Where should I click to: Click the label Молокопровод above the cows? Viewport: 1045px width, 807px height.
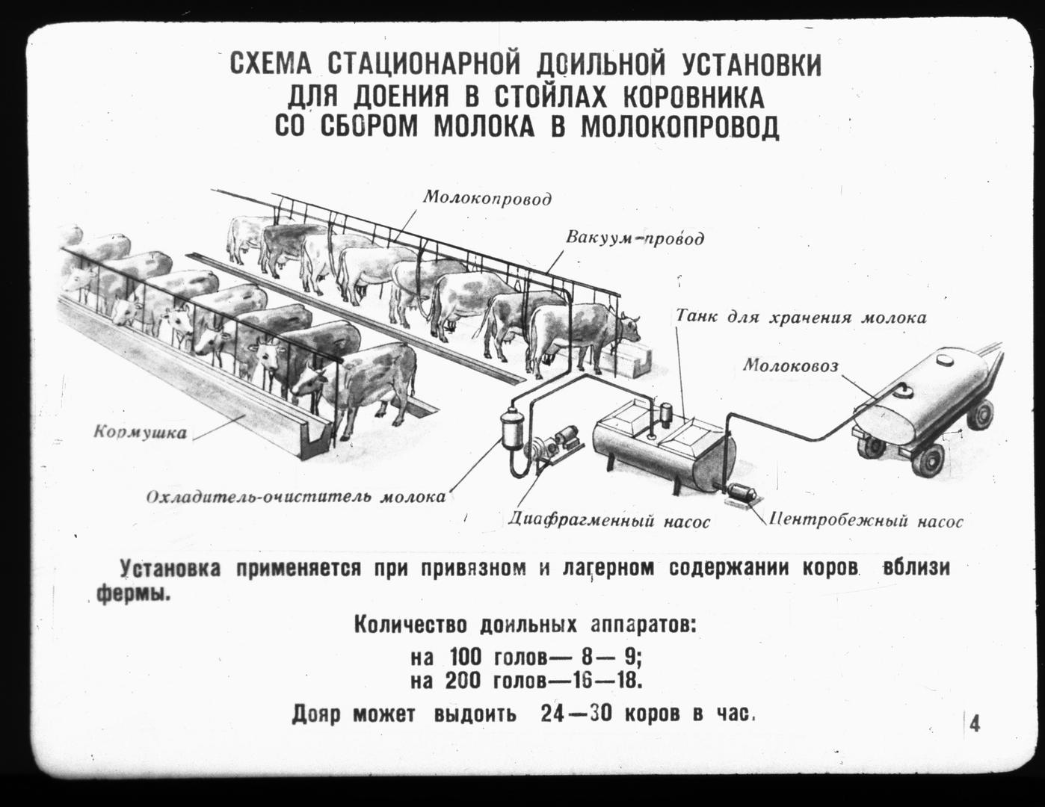click(x=487, y=198)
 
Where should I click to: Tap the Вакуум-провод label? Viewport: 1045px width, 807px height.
click(x=635, y=238)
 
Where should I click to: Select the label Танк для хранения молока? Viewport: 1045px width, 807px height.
click(x=801, y=318)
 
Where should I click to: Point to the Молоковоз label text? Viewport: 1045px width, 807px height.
click(x=791, y=365)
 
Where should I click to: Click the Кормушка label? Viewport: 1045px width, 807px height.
click(x=140, y=432)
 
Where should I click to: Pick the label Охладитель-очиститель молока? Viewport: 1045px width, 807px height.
click(x=296, y=496)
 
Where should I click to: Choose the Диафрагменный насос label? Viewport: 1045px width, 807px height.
click(x=608, y=520)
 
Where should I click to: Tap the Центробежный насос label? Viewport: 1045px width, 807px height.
click(x=866, y=521)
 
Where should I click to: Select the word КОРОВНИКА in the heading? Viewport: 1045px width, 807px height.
click(x=694, y=97)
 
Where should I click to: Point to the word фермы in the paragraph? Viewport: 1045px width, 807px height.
click(x=134, y=594)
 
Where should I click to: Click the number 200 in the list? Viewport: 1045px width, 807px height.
click(x=463, y=681)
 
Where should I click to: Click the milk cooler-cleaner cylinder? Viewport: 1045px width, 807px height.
click(x=512, y=427)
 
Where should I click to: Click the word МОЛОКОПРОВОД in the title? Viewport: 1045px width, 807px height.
click(x=680, y=126)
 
